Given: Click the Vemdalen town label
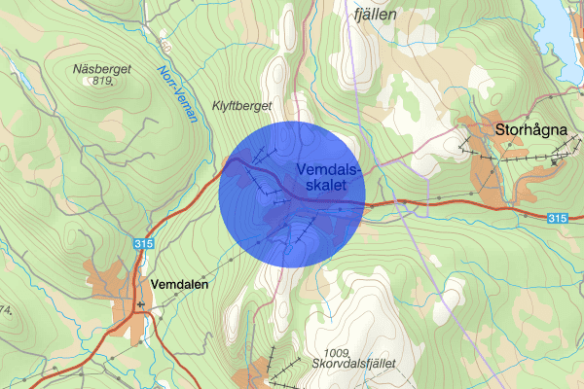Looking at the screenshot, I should click(x=181, y=283).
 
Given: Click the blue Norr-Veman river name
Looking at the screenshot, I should click(x=177, y=92).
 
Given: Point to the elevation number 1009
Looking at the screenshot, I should click(x=338, y=351).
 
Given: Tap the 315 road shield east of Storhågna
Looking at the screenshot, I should click(x=557, y=220).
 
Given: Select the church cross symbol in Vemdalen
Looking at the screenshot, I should click(x=143, y=305).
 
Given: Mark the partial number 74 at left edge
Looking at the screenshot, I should click(x=5, y=311).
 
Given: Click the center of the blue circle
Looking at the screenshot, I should click(x=291, y=194).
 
